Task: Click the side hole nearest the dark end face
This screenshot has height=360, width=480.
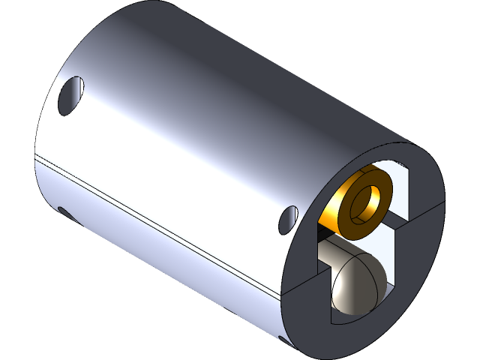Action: pos(288,218)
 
